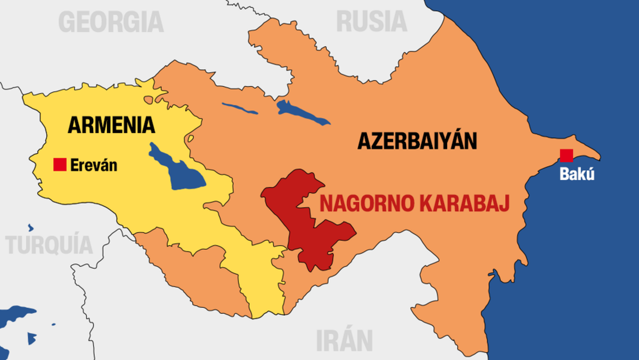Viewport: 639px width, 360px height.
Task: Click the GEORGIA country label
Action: click(x=111, y=22)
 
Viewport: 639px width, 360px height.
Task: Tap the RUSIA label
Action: click(x=372, y=22)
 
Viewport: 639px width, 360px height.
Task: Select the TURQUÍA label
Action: click(x=49, y=245)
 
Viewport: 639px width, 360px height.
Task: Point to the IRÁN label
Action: click(x=344, y=340)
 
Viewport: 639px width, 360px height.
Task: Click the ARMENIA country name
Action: click(x=111, y=125)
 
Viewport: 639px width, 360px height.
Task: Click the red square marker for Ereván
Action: click(x=60, y=165)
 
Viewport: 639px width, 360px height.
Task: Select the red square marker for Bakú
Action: click(x=566, y=156)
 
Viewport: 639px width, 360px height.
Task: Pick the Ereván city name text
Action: click(x=94, y=166)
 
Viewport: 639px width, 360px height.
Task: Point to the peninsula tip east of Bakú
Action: click(x=597, y=157)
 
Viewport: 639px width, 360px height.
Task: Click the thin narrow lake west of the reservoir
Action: click(x=240, y=108)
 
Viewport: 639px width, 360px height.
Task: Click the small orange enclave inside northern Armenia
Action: click(x=148, y=100)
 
